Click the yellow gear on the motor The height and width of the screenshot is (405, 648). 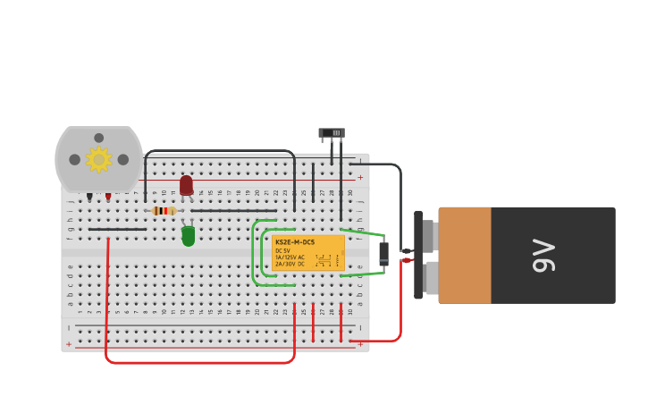tap(98, 160)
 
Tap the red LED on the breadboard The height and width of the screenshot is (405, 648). tap(186, 185)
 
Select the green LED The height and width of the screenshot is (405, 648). tap(188, 236)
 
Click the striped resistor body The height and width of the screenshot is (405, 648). tap(163, 211)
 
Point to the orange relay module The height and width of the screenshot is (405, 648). tap(307, 253)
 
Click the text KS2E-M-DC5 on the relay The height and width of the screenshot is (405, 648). tap(295, 242)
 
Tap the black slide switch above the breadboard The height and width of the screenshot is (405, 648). tap(332, 133)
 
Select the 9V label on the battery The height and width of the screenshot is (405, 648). tap(543, 255)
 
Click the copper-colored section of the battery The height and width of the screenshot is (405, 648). tap(464, 255)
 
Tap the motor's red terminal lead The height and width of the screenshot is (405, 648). tap(108, 197)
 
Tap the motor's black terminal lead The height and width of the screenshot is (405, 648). tap(89, 197)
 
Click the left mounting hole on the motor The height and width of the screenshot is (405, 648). tap(75, 160)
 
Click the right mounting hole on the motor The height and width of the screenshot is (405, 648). tap(122, 160)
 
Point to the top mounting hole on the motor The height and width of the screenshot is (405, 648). tap(98, 138)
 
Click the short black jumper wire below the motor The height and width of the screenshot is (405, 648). tap(117, 229)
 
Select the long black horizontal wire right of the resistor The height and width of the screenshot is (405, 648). tap(232, 211)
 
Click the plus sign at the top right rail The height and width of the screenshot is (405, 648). tap(360, 177)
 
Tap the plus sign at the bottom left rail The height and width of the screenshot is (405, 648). tap(69, 344)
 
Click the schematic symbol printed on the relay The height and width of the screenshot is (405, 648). tap(326, 260)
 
